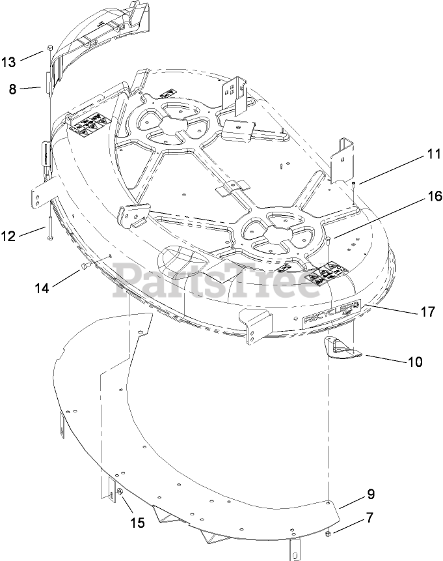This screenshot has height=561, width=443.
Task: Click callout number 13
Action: pyautogui.click(x=8, y=62)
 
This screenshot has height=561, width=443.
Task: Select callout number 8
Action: pyautogui.click(x=12, y=89)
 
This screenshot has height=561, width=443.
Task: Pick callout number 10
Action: pyautogui.click(x=414, y=360)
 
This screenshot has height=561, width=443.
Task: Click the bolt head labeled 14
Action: pyautogui.click(x=85, y=267)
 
